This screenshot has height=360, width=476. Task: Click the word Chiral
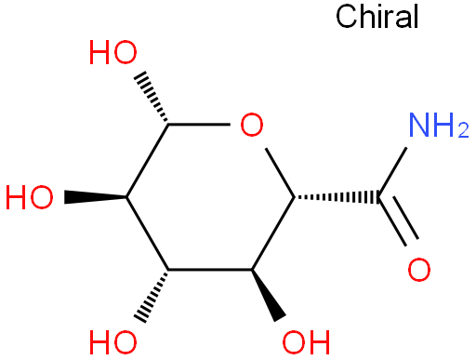[x=377, y=17]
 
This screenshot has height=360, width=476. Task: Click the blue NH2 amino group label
[x=439, y=125]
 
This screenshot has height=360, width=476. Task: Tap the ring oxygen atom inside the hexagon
[x=252, y=125]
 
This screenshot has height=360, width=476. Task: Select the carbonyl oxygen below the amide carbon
[x=419, y=270]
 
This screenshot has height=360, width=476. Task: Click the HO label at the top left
[x=113, y=52]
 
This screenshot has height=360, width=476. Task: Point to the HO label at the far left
[x=30, y=197]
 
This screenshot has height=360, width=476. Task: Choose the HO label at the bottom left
[x=113, y=342]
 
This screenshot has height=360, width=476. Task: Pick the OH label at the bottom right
[x=306, y=342]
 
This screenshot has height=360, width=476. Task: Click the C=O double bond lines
[x=398, y=220]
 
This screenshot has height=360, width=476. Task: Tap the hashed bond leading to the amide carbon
[x=337, y=197]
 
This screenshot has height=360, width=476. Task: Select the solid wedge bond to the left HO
[x=95, y=197]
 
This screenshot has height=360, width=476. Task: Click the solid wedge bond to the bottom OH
[x=269, y=295]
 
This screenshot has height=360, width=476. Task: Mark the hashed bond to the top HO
[x=152, y=98]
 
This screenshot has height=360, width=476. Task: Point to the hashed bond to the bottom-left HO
[x=152, y=296]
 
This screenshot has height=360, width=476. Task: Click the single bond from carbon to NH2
[x=392, y=172]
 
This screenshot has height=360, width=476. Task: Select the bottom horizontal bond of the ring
[x=210, y=270]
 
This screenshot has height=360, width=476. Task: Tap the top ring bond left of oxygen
[x=199, y=125]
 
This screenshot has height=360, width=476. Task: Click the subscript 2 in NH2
[x=464, y=130]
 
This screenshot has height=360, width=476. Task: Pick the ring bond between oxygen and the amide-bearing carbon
[x=280, y=173]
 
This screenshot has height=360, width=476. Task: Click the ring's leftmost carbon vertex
[x=126, y=197]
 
